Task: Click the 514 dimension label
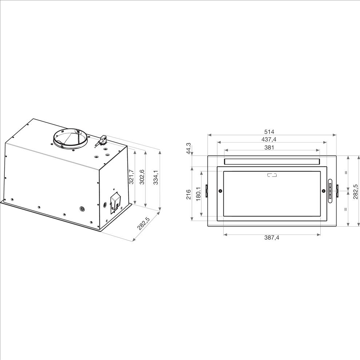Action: [x=269, y=132]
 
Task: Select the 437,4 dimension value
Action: [x=269, y=139]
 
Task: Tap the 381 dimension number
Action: [x=269, y=147]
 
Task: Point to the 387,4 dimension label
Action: [x=272, y=237]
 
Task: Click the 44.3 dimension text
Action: [x=188, y=148]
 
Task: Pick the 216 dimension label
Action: [x=188, y=194]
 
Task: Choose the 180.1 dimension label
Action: [x=199, y=194]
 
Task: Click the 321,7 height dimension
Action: [x=131, y=177]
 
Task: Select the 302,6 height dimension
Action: [x=142, y=177]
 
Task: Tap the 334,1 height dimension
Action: [x=156, y=177]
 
